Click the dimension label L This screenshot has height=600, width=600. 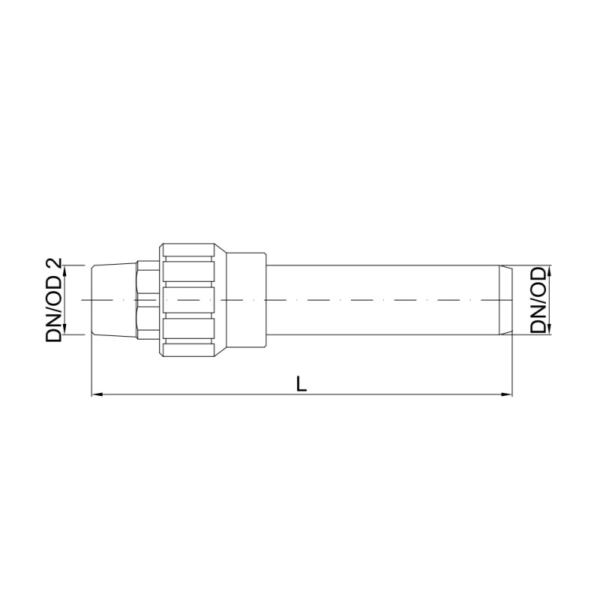click(x=301, y=383)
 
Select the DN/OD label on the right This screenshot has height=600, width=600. click(x=538, y=300)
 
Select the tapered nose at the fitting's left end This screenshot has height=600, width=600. click(x=112, y=300)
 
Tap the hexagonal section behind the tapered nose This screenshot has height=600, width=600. click(x=148, y=300)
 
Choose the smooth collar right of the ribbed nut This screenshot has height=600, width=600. click(x=246, y=300)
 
